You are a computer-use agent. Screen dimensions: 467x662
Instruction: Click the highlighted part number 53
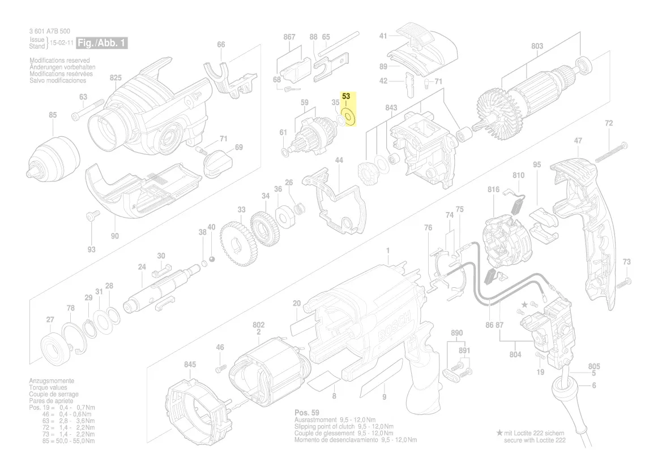pyautogui.click(x=346, y=97)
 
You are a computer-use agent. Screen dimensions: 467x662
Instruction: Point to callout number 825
pyautogui.click(x=116, y=77)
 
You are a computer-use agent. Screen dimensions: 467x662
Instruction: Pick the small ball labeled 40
pyautogui.click(x=212, y=258)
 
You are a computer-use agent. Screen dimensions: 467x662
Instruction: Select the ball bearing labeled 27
pyautogui.click(x=55, y=348)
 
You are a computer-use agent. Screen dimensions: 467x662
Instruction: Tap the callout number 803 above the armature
pyautogui.click(x=537, y=46)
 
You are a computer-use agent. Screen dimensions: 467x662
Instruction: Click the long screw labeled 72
pyautogui.click(x=612, y=150)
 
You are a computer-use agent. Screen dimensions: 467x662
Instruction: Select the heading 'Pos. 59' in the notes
pyautogui.click(x=307, y=413)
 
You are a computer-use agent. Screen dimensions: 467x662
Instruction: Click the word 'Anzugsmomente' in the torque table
pyautogui.click(x=52, y=381)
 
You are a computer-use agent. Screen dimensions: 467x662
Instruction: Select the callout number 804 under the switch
pyautogui.click(x=515, y=354)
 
